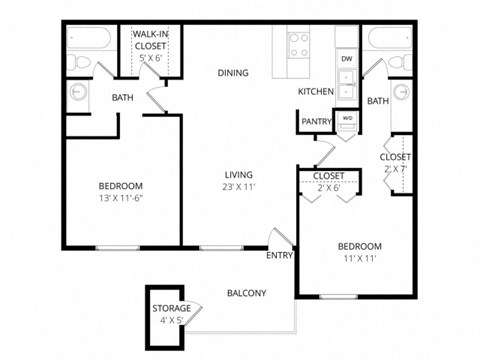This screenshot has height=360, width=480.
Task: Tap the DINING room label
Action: click(233, 72)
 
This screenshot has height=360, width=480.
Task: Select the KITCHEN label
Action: click(315, 92)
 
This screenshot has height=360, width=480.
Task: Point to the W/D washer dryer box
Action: click(347, 118)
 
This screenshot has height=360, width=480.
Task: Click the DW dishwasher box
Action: click(346, 60)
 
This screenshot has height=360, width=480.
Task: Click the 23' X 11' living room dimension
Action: click(240, 186)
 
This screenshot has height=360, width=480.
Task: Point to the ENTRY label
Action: click(279, 256)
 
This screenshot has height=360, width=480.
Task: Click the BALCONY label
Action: click(245, 292)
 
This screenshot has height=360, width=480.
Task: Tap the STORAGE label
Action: click(171, 308)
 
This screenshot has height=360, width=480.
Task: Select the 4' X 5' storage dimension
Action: click(171, 321)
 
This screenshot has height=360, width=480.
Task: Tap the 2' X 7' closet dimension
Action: click(395, 170)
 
